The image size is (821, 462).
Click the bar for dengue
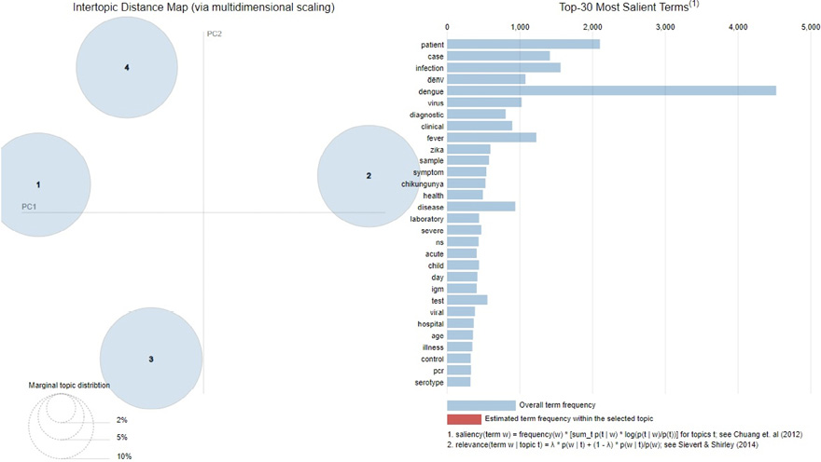611,90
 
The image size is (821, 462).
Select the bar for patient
523,44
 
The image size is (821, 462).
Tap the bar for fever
492,137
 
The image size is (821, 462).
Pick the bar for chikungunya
466,183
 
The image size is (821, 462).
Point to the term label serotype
428,382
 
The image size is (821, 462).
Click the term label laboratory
425,219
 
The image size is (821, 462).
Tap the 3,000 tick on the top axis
665,26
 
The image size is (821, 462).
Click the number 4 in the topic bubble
126,67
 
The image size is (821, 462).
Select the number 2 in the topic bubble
369,175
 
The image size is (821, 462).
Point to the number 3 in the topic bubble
150,359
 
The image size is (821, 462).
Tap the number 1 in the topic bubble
38,184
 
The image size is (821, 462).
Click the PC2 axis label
214,34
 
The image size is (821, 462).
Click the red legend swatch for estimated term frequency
480,418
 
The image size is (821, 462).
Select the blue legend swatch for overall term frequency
480,405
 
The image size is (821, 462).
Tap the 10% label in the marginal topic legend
124,456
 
